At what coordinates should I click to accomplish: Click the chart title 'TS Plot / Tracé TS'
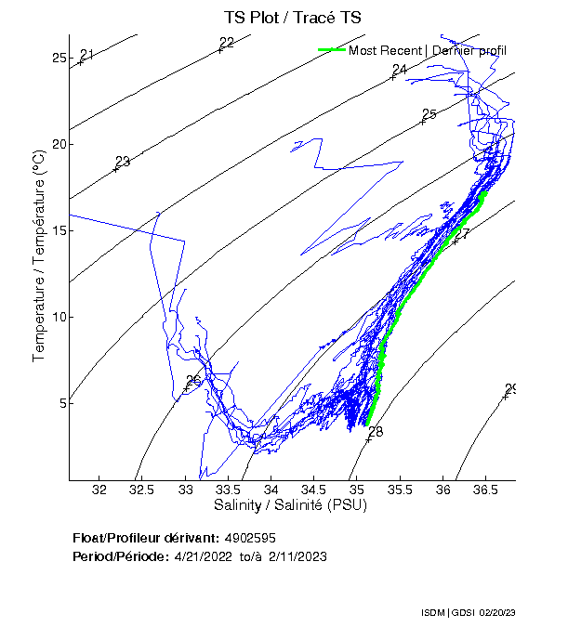coord(292,18)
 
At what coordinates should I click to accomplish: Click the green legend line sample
coord(331,50)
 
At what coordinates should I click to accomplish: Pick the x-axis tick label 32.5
coord(141,490)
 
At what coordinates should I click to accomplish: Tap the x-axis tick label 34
coord(271,490)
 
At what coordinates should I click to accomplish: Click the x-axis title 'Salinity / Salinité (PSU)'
coord(291,505)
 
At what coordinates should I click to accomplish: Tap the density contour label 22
coord(227,43)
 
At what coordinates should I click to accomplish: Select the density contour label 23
coord(123,163)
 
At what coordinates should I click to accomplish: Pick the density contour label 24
coord(400,71)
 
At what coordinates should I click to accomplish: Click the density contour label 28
coord(376,432)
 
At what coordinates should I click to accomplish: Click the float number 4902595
coord(249,538)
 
